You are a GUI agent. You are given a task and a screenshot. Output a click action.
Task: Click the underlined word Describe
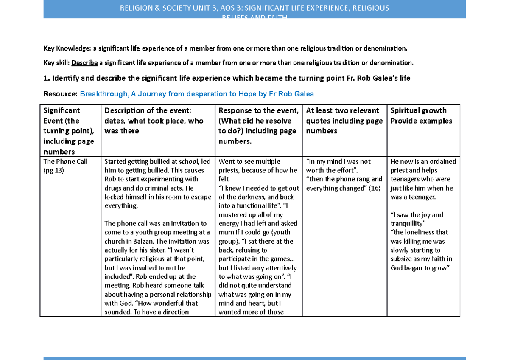pyautogui.click(x=84, y=63)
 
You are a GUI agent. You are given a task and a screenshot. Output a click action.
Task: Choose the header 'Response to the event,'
pyautogui.click(x=258, y=110)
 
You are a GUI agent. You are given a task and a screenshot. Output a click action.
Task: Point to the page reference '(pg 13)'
pyautogui.click(x=54, y=171)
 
